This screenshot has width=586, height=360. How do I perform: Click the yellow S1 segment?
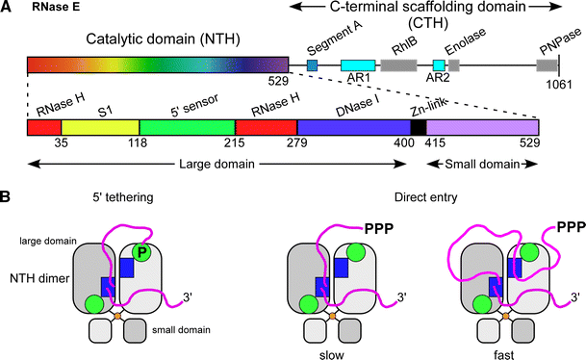click(100, 127)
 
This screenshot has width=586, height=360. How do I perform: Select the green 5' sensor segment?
click(188, 127)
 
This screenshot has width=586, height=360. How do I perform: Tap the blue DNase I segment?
click(353, 127)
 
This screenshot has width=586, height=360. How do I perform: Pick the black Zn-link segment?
click(418, 127)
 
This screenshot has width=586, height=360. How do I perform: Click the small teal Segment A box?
click(312, 65)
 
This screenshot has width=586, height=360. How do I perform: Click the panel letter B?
click(9, 196)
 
